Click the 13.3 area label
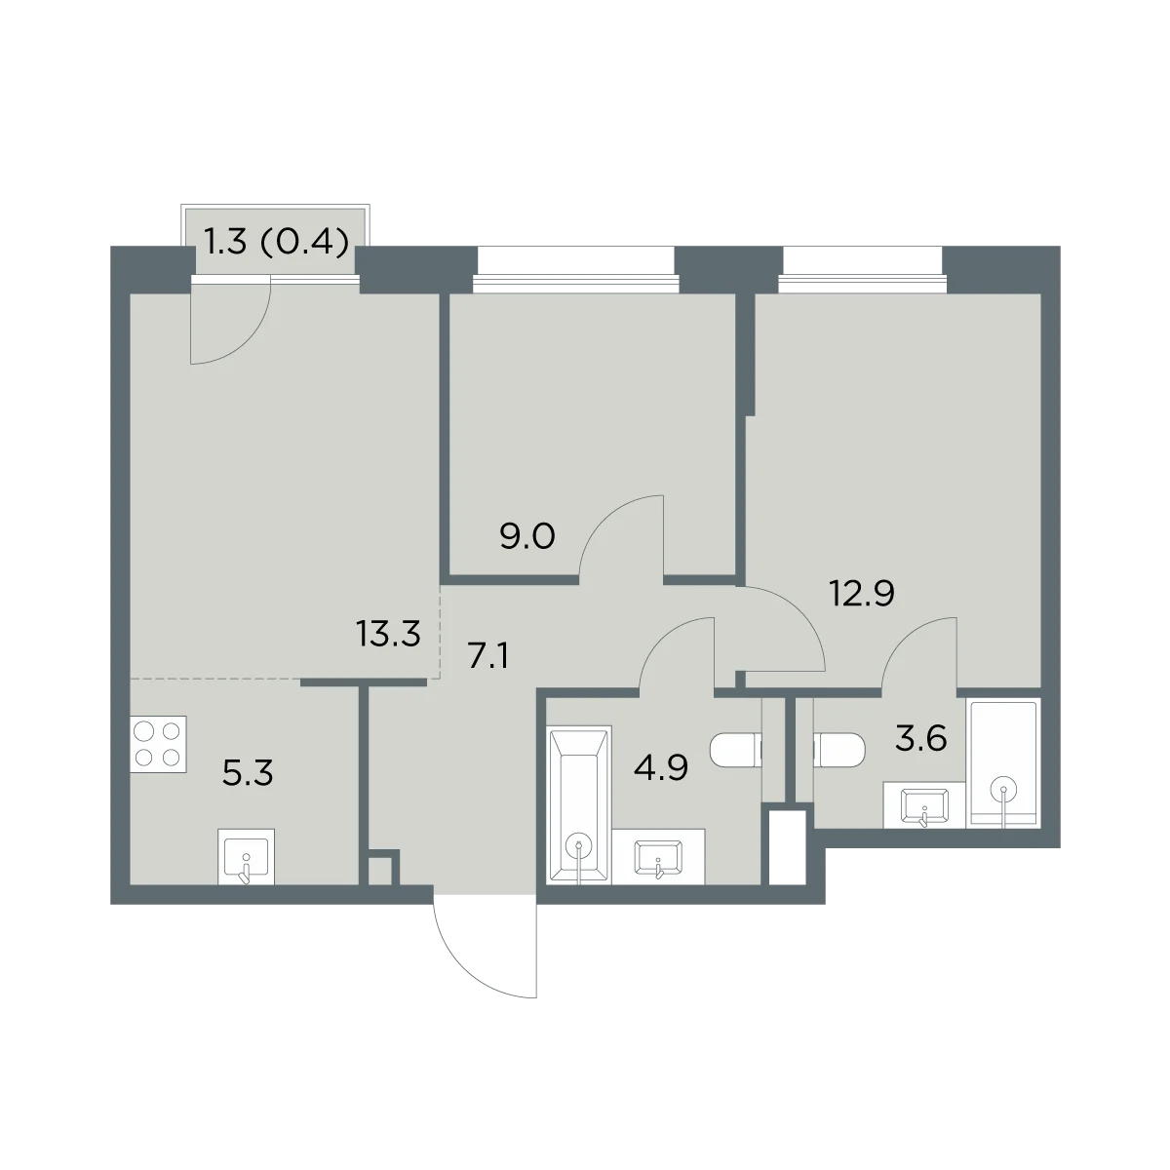pos(389,635)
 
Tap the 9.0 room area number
pos(527,536)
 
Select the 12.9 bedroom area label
pos(862,594)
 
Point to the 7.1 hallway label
pos(488,656)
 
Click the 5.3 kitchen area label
pos(248,773)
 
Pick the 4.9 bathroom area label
pos(661,768)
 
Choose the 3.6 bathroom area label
pos(921,739)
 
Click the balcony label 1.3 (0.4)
pos(277,243)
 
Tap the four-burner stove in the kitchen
pos(158,744)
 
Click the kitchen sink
pos(246,857)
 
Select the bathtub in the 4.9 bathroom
pos(579,804)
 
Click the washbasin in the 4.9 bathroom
pos(659,857)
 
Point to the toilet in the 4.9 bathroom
pos(736,750)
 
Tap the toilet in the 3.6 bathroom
pos(839,750)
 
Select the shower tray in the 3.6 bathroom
pos(1003,763)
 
